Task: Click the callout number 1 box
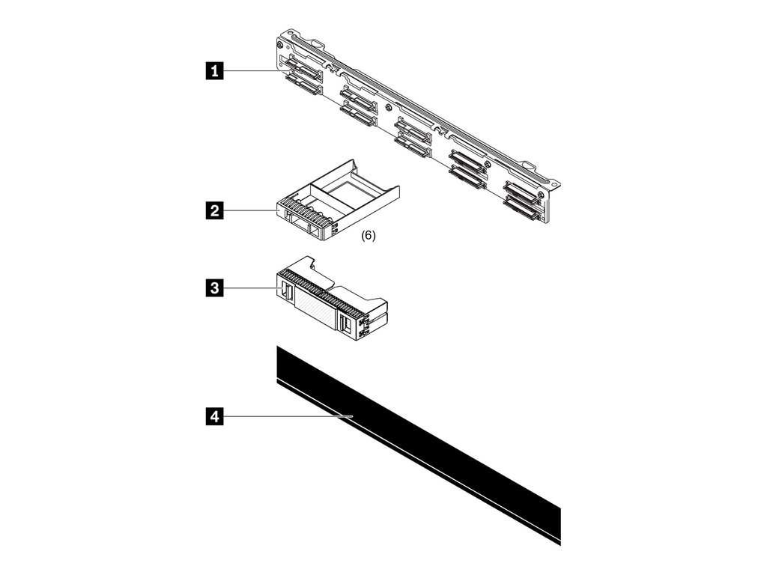pyautogui.click(x=215, y=71)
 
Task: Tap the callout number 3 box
pyautogui.click(x=215, y=287)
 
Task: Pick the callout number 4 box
pyautogui.click(x=215, y=417)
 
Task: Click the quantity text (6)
pyautogui.click(x=369, y=235)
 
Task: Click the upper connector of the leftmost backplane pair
pyautogui.click(x=301, y=73)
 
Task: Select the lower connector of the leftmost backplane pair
pyautogui.click(x=303, y=91)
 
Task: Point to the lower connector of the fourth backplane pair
pyautogui.click(x=467, y=179)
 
